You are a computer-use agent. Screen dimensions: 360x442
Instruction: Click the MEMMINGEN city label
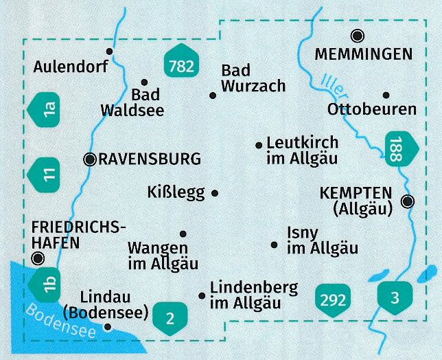coord(364,54)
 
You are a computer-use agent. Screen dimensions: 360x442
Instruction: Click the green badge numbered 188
coord(402,149)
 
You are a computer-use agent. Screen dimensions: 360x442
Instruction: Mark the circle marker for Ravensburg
coord(89,159)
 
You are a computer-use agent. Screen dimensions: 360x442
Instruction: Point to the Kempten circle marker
coord(408,201)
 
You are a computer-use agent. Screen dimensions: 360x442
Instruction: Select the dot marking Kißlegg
coord(215,193)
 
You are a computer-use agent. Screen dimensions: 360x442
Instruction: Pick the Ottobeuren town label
coord(372,109)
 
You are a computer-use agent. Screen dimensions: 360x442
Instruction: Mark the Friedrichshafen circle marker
coord(38,258)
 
